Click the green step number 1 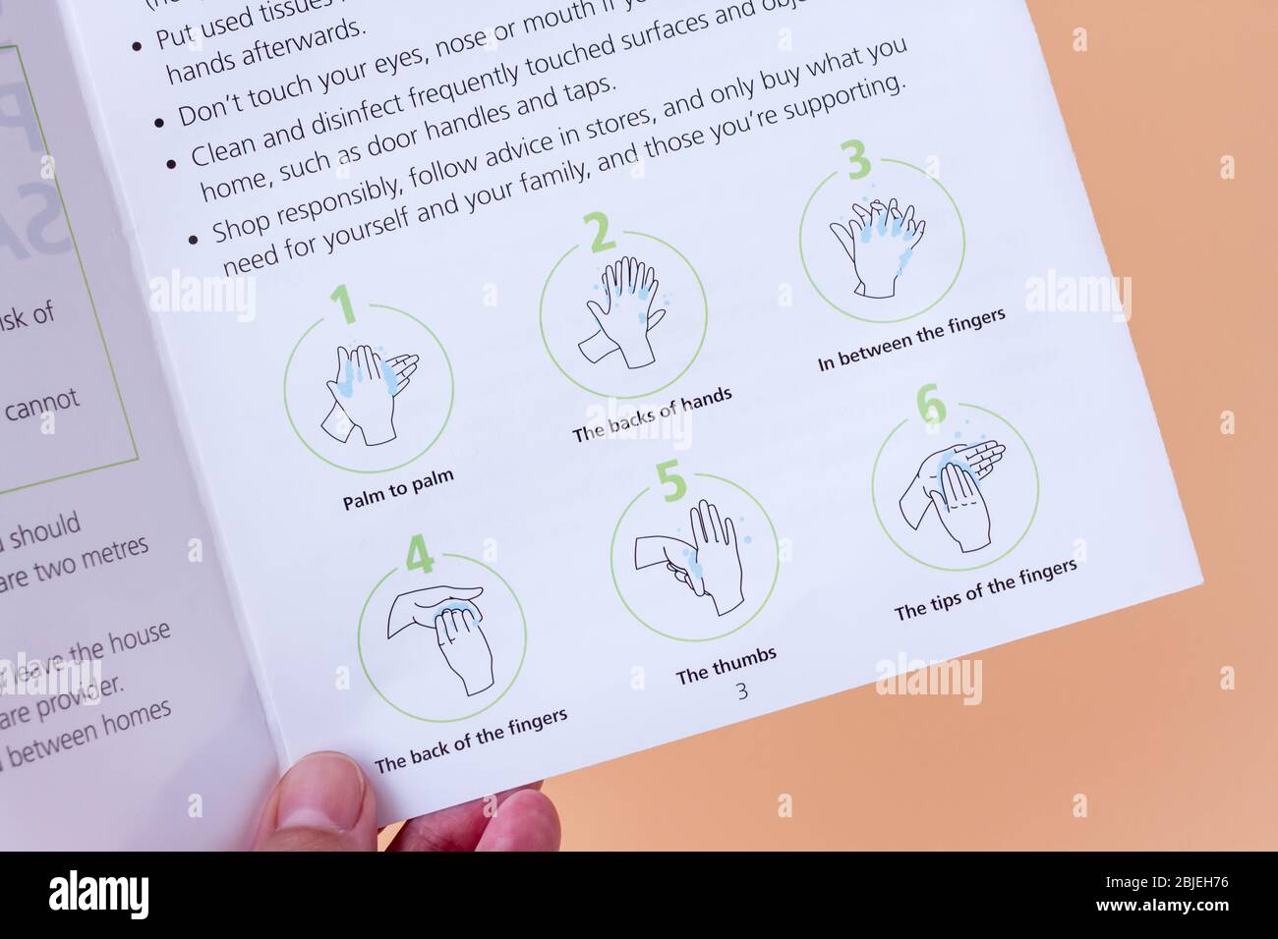click(x=343, y=304)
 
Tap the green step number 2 click(x=600, y=233)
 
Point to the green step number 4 click(x=420, y=556)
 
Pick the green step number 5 click(x=671, y=481)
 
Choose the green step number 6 click(x=931, y=406)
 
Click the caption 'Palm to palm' click(x=398, y=489)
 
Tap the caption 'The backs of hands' click(x=653, y=415)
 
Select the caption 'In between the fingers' click(x=911, y=340)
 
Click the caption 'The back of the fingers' click(x=471, y=740)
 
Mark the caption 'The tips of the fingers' click(x=985, y=589)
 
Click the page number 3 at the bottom click(x=742, y=691)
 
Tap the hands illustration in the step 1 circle click(x=370, y=392)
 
